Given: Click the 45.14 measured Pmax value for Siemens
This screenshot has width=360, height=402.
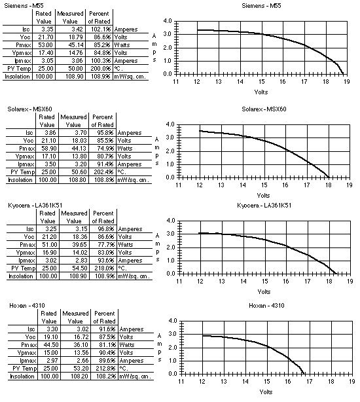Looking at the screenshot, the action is (x=76, y=45).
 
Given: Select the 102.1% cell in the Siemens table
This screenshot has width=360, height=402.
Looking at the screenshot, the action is (x=101, y=29).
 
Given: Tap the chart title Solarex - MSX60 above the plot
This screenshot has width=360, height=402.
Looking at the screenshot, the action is (x=264, y=109).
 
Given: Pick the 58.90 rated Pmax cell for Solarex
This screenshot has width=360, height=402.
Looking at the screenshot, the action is (x=47, y=149).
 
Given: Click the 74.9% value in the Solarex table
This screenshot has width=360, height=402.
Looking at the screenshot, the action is (x=104, y=149).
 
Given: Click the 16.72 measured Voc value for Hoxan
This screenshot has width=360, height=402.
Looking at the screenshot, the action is (x=81, y=337).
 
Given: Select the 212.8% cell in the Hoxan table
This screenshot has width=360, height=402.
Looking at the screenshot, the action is (x=106, y=369).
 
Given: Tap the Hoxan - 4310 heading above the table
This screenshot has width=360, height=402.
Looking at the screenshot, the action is (x=27, y=305).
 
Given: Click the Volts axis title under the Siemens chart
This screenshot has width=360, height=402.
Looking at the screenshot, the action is (x=261, y=92).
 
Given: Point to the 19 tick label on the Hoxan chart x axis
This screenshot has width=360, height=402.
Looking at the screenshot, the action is (x=351, y=382).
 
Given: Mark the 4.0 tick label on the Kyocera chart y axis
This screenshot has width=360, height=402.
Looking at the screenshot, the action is (x=171, y=221).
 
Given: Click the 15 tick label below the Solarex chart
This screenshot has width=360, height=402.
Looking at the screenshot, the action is (x=264, y=185).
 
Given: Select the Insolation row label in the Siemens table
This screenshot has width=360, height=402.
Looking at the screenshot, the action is (x=17, y=77).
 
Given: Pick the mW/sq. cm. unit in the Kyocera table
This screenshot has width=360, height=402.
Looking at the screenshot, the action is (x=134, y=276).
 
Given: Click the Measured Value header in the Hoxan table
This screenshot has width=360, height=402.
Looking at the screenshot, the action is (x=75, y=317).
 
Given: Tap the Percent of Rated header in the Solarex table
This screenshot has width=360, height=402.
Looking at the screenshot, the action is (x=103, y=121).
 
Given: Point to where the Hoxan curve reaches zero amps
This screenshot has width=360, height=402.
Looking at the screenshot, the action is (x=304, y=373).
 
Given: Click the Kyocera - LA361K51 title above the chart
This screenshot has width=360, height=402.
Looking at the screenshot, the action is (x=264, y=206).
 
